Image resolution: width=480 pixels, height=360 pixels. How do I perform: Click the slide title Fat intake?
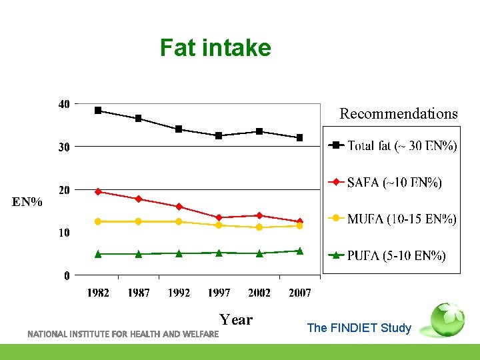pyautogui.click(x=215, y=48)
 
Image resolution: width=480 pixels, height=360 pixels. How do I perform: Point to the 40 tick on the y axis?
pyautogui.click(x=64, y=104)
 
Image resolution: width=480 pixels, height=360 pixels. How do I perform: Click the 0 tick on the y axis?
pyautogui.click(x=67, y=275)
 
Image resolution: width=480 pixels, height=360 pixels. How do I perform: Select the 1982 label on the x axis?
pyautogui.click(x=99, y=293)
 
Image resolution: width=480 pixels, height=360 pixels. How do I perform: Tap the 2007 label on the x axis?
pyautogui.click(x=299, y=293)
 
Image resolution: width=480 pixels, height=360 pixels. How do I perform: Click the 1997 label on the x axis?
pyautogui.click(x=219, y=293)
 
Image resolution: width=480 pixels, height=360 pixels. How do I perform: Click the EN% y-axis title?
pyautogui.click(x=27, y=201)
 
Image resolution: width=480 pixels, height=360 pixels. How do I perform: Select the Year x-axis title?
pyautogui.click(x=236, y=319)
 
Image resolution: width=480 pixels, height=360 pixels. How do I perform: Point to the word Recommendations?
pyautogui.click(x=399, y=113)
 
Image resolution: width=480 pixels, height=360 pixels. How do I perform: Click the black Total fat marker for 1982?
pyautogui.click(x=98, y=111)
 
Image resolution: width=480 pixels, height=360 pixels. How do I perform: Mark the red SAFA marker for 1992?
pyautogui.click(x=179, y=207)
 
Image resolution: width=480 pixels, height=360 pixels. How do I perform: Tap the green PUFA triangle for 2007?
pyautogui.click(x=299, y=251)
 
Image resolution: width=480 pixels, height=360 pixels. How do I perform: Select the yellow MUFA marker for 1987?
pyautogui.click(x=138, y=221)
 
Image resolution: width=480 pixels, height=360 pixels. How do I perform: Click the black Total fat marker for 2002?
pyautogui.click(x=259, y=131)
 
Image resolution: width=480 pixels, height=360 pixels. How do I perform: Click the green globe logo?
pyautogui.click(x=447, y=319)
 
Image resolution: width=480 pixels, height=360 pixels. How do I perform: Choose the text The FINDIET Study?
pyautogui.click(x=359, y=328)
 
